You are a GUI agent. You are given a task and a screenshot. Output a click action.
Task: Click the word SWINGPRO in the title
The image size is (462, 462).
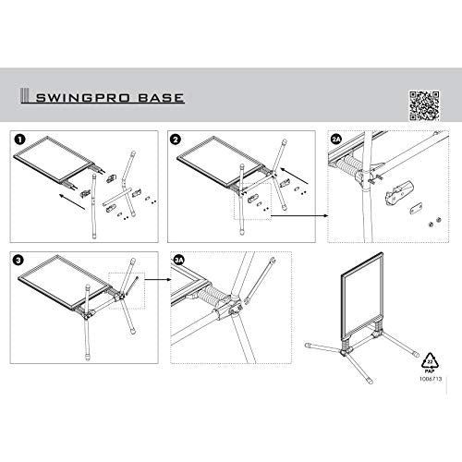(x=82, y=98)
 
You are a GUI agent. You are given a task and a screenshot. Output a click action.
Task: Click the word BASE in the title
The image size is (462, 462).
(x=161, y=98)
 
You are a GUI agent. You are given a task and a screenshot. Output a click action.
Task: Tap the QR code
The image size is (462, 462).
(x=424, y=105)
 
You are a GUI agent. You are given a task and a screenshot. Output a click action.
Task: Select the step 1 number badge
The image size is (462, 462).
(x=19, y=140)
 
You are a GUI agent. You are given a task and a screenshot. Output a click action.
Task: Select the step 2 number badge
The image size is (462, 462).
(x=175, y=140)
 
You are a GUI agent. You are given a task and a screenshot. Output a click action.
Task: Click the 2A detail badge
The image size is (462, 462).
(x=336, y=140)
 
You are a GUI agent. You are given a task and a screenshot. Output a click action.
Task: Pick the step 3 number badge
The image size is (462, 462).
(x=18, y=261)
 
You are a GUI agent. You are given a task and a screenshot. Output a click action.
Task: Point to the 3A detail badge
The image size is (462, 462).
(x=179, y=261)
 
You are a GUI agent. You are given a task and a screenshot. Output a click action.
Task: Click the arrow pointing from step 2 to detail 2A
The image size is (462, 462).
(x=299, y=215)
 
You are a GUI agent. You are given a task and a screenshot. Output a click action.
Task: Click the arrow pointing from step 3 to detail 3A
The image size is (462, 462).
(x=158, y=280)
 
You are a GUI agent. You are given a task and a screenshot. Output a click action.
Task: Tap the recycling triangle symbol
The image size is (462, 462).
(x=431, y=360)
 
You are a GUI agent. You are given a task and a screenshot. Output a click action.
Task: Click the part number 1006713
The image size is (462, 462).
(x=431, y=379)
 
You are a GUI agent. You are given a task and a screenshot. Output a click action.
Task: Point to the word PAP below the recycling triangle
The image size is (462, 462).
(x=430, y=371)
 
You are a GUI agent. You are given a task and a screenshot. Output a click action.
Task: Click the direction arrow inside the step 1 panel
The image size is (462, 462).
(x=73, y=202)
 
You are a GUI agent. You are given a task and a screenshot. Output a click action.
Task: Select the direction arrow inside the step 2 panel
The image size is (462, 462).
(x=295, y=176)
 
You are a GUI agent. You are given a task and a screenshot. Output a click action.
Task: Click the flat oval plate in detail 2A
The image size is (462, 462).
(x=416, y=209)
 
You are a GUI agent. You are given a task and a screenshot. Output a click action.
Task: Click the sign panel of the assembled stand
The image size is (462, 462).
(x=362, y=297)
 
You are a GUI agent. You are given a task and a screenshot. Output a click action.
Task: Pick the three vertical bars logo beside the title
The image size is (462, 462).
(x=24, y=96)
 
